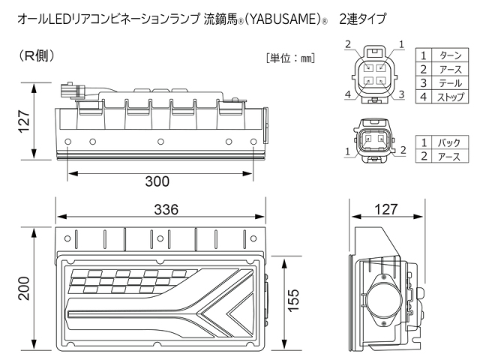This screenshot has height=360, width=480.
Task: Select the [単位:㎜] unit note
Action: pos(290,58)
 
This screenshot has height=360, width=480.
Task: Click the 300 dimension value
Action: pos(157,182)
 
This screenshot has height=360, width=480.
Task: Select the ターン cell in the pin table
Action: pos(449,55)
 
